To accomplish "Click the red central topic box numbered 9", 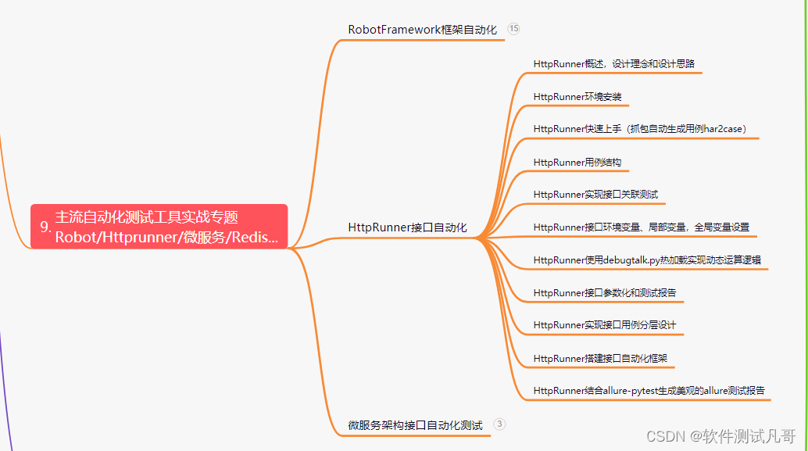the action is pos(159,227).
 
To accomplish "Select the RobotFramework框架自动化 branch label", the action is pos(422,30).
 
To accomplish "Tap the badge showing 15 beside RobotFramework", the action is pos(513,29).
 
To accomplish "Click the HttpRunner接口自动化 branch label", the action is pos(407,227).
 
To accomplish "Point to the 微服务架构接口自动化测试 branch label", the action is pos(415,425).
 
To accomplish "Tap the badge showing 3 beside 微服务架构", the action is pos(500,424).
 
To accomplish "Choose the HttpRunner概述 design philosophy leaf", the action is pos(613,63).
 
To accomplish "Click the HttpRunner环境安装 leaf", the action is pos(577,97).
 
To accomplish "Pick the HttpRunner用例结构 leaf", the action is pos(577,163).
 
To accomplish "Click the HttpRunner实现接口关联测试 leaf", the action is pos(595,194).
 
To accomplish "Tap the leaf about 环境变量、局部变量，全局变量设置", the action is pos(641,227).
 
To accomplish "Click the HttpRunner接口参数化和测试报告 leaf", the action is pos(604,293).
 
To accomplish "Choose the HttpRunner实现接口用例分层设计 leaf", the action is pos(604,324).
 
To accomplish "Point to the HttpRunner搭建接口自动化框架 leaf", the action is pos(600,358).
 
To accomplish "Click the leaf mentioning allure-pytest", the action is pos(649,390).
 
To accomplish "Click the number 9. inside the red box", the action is pos(45,227).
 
